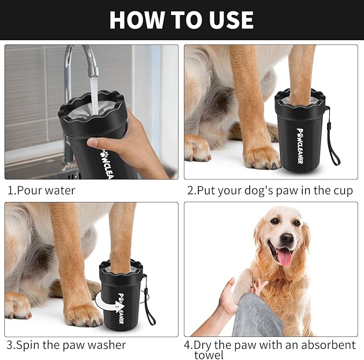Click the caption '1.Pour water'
41,190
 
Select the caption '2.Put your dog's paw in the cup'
270,191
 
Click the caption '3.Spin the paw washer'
66,344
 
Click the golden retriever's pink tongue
285,257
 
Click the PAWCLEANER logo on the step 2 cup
299,145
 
